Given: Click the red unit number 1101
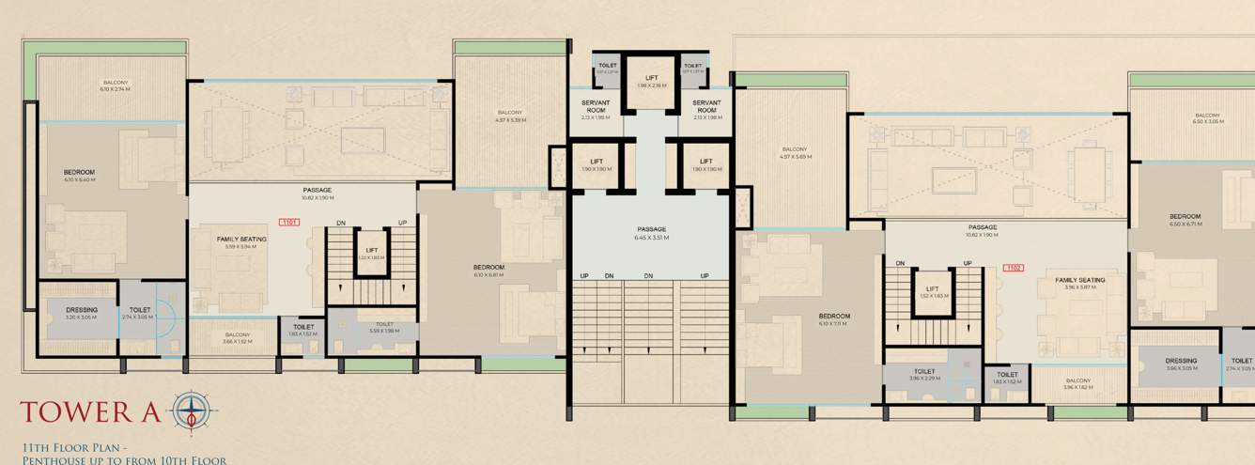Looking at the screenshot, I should click(x=289, y=223).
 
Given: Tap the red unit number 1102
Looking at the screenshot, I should click(x=1013, y=268).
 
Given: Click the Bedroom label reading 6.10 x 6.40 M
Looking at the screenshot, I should click(x=79, y=176).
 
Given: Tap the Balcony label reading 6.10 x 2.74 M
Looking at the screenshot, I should click(x=116, y=85).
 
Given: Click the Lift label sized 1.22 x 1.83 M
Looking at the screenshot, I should click(x=372, y=253).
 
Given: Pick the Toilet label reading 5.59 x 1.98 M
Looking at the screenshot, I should click(x=382, y=327).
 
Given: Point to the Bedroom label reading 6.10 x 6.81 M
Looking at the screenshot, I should click(x=488, y=271).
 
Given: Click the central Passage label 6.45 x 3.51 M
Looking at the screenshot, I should click(x=651, y=233).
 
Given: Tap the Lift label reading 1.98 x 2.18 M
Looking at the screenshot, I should click(x=651, y=82).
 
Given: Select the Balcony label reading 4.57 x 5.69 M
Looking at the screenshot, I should click(x=796, y=152).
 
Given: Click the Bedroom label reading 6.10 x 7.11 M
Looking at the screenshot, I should click(x=833, y=319).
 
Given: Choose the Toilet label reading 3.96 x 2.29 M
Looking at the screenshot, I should click(x=923, y=375).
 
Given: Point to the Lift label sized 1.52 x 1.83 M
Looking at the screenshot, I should click(x=933, y=292).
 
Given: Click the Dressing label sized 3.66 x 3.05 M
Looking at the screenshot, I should click(x=1181, y=364).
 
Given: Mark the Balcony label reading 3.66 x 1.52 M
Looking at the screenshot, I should click(x=237, y=337).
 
